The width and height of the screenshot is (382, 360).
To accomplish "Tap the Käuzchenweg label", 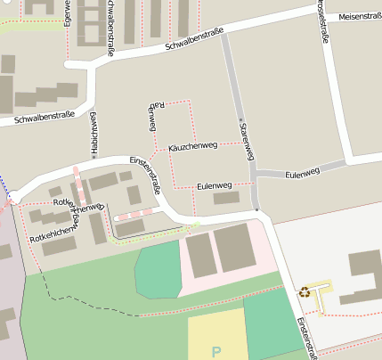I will click(192, 145).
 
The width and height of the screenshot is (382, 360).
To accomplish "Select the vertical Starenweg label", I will click(247, 141).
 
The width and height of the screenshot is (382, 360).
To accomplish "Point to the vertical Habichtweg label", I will click(93, 134).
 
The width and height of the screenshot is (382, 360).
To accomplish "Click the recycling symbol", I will click(305, 291).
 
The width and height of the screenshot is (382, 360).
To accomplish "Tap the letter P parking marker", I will click(215, 351).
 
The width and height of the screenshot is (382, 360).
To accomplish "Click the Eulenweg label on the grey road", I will click(303, 172).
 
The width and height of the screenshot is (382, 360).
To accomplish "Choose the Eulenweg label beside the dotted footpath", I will click(214, 184).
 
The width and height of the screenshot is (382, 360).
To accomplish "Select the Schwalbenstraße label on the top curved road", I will click(194, 40).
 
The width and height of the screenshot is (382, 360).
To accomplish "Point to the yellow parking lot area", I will click(215, 333).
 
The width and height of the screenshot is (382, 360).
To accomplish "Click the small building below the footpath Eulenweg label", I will click(226, 198).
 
